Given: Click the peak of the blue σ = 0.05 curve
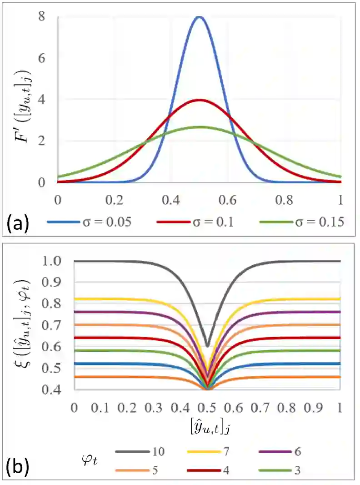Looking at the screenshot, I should click(x=199, y=17).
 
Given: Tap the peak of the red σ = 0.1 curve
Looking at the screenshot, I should click(x=199, y=100).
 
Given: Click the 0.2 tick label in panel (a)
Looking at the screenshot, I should click(x=114, y=200).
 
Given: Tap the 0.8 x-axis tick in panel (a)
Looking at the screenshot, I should click(x=284, y=200).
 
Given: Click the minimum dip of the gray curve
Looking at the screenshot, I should click(x=207, y=346).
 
